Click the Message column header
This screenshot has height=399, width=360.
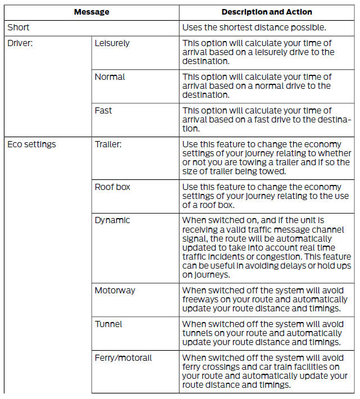pos(91,12)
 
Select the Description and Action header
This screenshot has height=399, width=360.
pos(267,12)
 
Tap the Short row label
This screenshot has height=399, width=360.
pos(19,27)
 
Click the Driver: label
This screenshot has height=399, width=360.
pos(21,43)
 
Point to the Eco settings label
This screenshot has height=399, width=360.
pos(31,144)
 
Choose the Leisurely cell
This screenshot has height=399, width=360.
pos(112,43)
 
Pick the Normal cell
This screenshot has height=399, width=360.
pos(110,77)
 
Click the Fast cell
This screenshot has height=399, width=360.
pos(103,111)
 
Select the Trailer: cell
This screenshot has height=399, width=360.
pos(108,144)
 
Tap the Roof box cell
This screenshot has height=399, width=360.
pos(112,187)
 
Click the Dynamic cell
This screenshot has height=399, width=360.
pos(112,220)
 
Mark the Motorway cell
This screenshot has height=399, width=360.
pos(115,291)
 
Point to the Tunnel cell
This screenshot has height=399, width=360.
pos(108,324)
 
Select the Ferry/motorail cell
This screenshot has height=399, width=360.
pos(124,358)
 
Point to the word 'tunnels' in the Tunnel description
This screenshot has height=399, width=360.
pos(198,333)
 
